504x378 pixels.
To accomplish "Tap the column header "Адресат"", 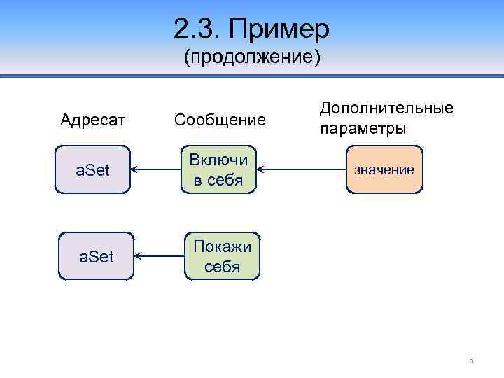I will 93,120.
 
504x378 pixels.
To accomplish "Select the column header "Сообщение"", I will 220,120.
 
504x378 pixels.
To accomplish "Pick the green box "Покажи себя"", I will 222,257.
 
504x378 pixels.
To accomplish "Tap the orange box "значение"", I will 384,169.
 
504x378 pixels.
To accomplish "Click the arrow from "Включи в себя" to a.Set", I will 157,169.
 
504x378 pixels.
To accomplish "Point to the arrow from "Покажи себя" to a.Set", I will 158,257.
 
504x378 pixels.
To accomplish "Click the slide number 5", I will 471,360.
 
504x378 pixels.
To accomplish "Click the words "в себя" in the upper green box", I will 218,180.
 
